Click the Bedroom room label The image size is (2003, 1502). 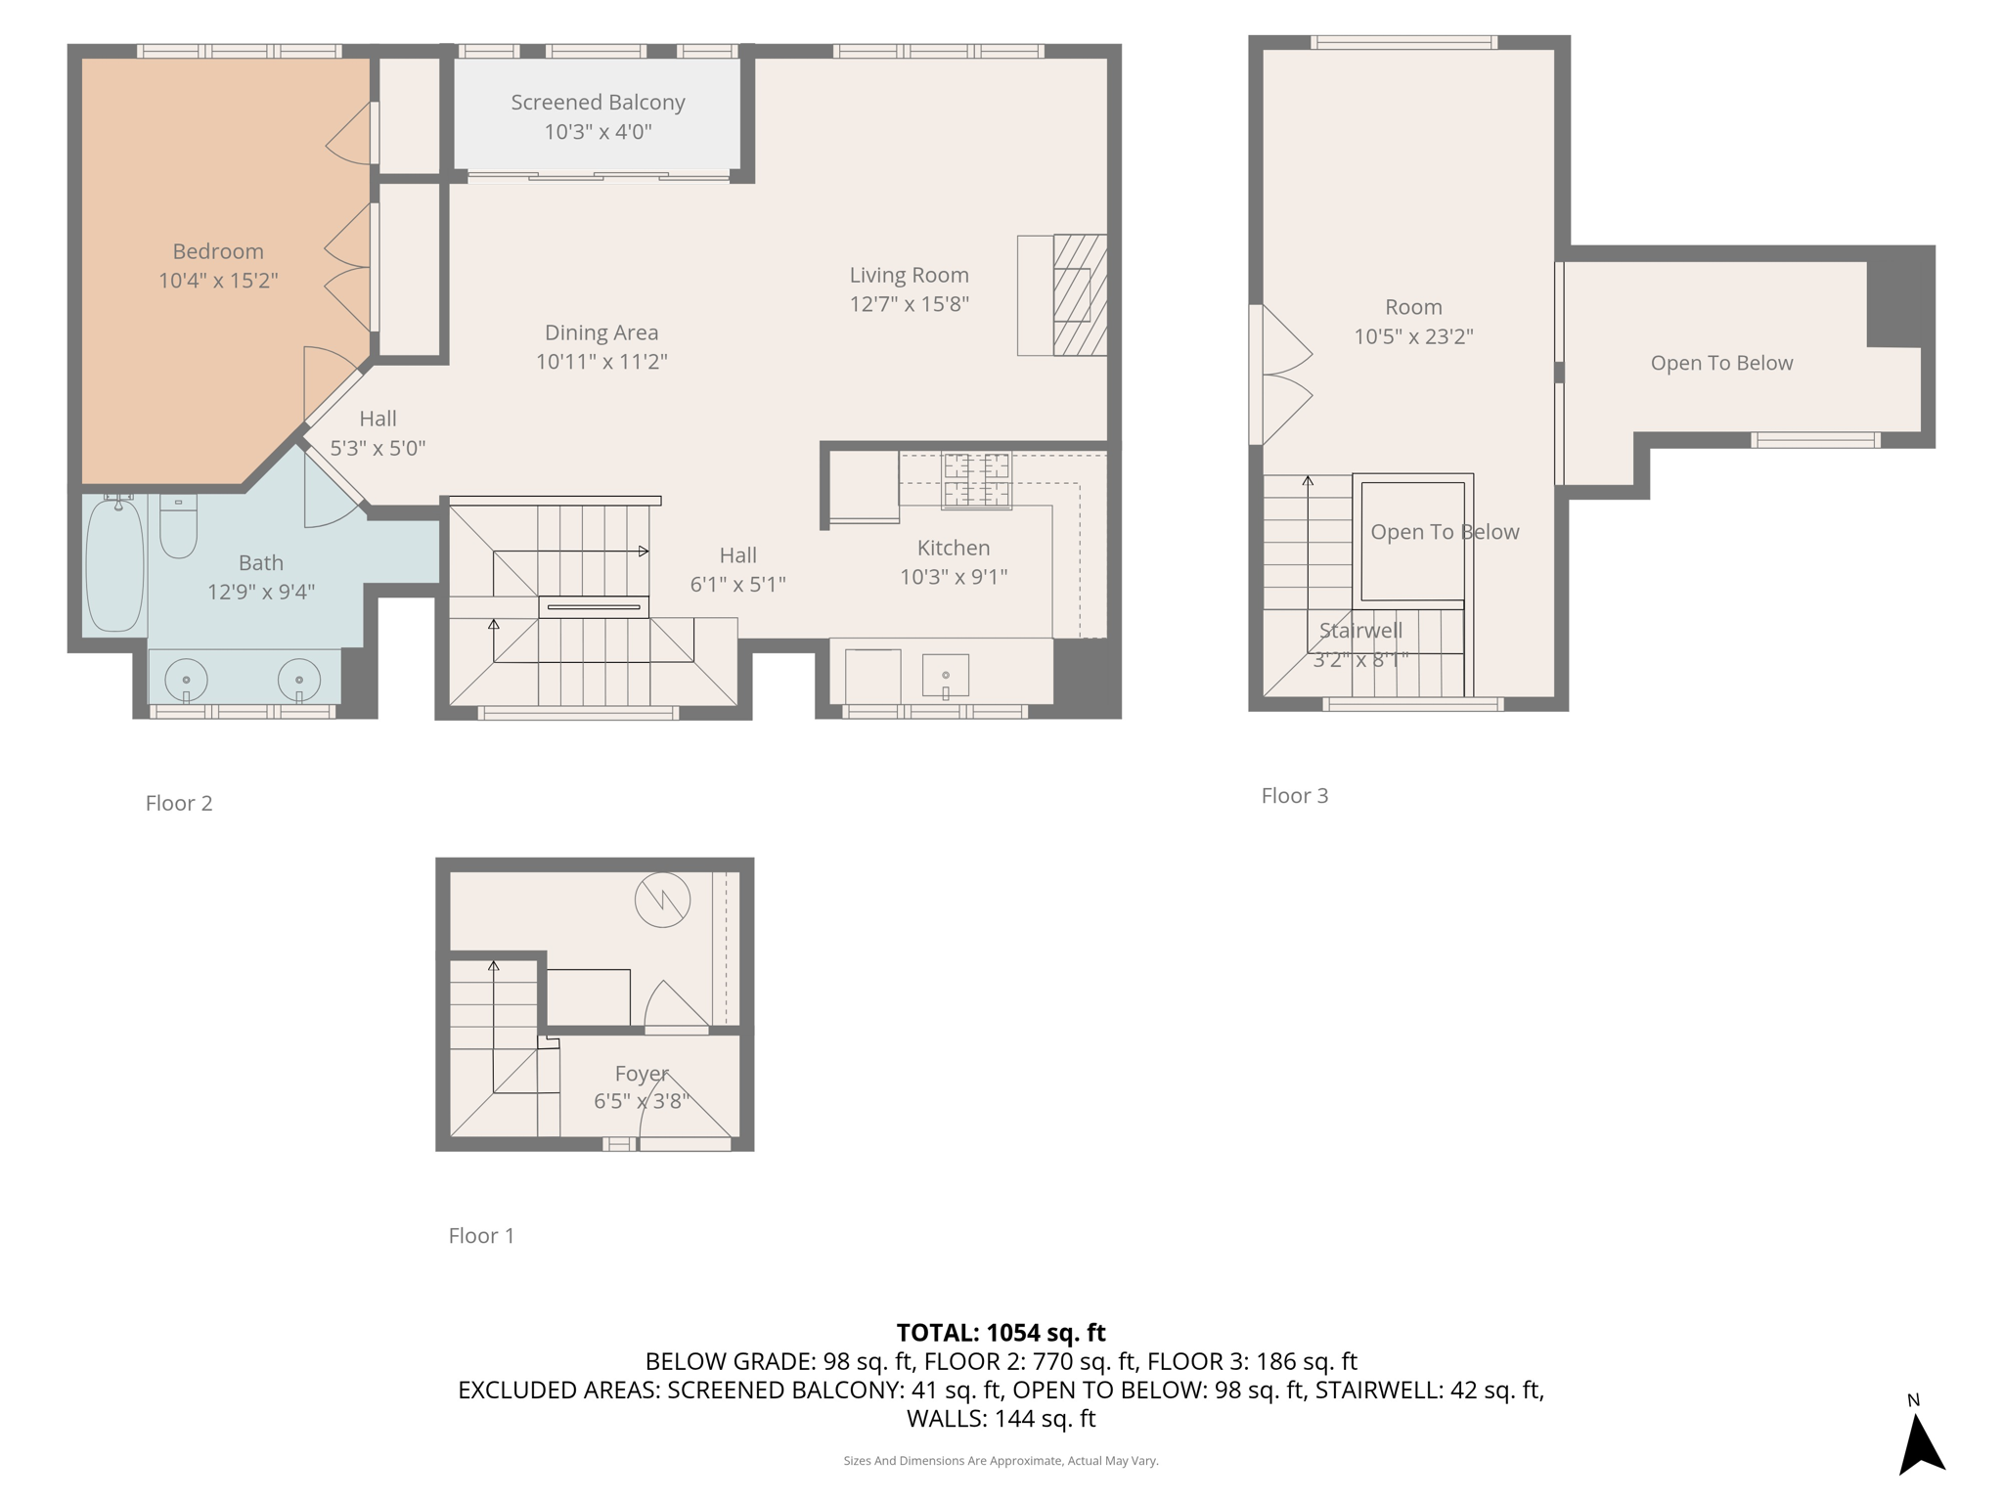pos(218,251)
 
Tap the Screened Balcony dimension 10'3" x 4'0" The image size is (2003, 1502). pos(598,131)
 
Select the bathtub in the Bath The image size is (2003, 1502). pos(114,565)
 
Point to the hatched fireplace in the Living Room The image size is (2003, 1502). pos(1079,294)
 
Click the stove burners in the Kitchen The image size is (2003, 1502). pos(976,480)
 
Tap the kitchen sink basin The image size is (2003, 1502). pos(946,675)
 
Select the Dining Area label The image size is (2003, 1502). pos(601,332)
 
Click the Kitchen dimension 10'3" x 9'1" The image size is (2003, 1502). pos(954,577)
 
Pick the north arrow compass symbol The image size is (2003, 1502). pos(1921,1442)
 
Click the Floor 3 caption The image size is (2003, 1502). pos(1294,795)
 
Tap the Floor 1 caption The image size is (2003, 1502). pos(481,1235)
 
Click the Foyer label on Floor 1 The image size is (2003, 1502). pos(642,1074)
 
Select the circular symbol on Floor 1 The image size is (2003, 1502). pos(662,900)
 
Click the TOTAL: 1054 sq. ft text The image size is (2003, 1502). pos(1001,1332)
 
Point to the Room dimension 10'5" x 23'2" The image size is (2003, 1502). pos(1413,336)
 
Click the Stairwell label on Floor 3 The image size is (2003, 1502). pos(1360,631)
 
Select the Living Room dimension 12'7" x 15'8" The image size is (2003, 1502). pos(909,304)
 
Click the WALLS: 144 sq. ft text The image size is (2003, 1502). pos(1001,1418)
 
